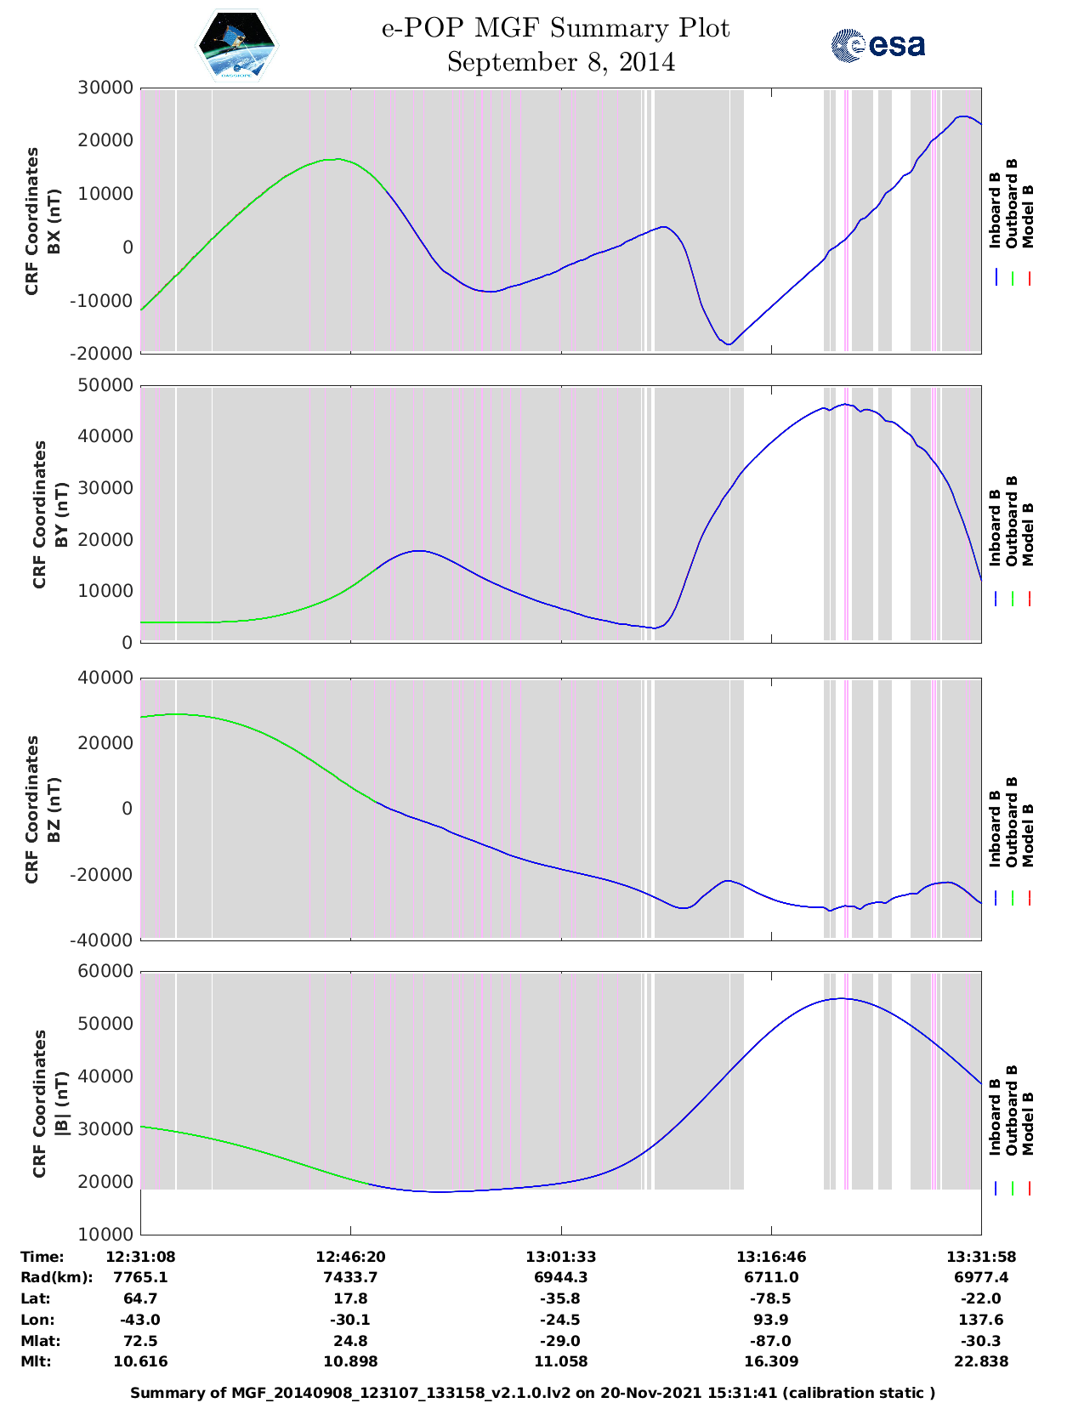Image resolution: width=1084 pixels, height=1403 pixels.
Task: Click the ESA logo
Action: (878, 45)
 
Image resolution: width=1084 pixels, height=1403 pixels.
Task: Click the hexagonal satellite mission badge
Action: (237, 45)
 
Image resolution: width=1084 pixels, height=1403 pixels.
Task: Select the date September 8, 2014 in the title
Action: (560, 62)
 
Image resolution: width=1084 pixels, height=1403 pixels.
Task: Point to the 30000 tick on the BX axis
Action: (105, 88)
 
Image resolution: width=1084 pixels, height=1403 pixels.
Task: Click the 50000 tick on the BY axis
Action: (105, 386)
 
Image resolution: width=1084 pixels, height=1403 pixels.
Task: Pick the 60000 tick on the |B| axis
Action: (105, 971)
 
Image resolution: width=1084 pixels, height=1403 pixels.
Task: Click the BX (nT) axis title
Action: (54, 221)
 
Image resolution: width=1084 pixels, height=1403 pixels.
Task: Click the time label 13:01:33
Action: (560, 1257)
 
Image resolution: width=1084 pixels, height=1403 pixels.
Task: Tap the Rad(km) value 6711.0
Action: (771, 1277)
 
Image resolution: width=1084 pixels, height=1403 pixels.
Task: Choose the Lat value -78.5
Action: (771, 1298)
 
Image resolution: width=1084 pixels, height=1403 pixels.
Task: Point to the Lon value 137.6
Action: (981, 1320)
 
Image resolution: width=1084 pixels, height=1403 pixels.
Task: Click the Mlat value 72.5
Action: (140, 1341)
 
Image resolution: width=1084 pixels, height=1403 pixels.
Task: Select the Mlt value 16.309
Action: (771, 1361)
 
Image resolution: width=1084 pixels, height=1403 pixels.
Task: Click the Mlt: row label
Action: (36, 1361)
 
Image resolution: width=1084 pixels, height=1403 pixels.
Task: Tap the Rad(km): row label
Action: (56, 1277)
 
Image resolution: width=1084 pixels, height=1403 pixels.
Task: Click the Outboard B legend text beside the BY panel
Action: (1012, 520)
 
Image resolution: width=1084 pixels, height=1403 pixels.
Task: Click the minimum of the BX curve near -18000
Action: (729, 344)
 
